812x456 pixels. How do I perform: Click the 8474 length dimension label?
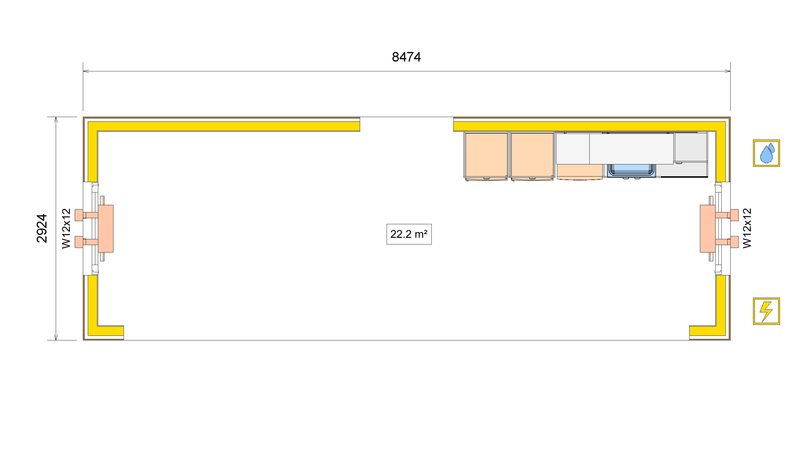406,57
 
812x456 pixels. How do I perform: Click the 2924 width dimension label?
42,228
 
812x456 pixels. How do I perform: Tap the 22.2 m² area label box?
409,234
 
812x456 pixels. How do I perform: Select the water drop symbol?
766,153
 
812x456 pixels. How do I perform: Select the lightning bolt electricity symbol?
766,311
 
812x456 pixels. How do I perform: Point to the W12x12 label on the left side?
66,228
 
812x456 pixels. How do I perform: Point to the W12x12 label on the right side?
747,228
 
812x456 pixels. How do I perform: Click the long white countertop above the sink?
631,148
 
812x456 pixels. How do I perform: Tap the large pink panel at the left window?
106,228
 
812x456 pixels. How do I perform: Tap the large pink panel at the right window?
707,228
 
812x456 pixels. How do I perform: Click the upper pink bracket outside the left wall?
79,215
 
